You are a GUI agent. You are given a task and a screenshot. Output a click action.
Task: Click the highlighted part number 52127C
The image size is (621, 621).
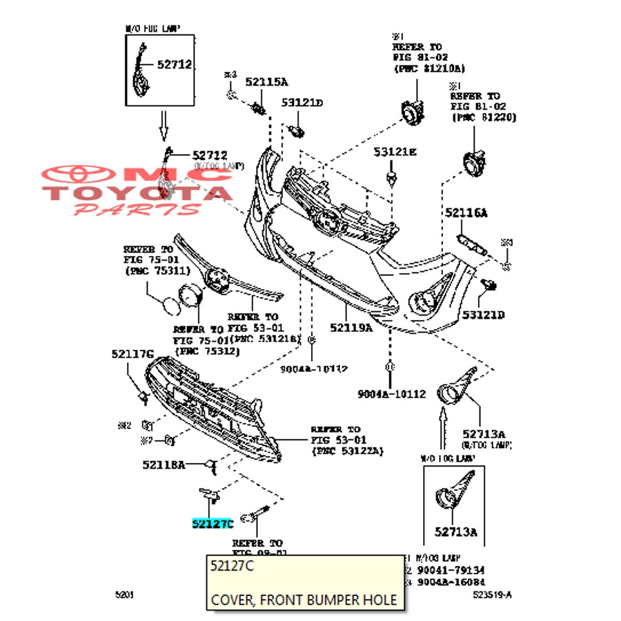click(213, 524)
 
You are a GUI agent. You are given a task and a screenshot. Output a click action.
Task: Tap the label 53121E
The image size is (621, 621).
click(395, 152)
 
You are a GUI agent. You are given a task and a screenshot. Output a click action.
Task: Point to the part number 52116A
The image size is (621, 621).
click(466, 214)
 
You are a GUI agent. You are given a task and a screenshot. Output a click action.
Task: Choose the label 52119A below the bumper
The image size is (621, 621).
click(351, 328)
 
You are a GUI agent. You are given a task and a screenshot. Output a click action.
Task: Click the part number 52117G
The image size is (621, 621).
click(132, 354)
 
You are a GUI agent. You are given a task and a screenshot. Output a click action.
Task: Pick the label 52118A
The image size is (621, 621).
click(164, 464)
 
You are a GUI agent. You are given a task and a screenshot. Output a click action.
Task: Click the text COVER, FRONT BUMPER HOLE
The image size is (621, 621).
click(304, 600)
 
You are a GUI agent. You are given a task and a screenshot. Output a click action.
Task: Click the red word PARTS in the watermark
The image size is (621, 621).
click(138, 208)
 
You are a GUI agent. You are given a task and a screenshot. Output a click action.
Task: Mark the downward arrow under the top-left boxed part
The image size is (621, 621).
click(164, 124)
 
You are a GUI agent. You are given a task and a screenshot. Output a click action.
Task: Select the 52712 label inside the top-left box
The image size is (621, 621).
click(174, 64)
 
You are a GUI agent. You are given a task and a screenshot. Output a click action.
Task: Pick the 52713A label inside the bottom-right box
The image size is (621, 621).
click(456, 531)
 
